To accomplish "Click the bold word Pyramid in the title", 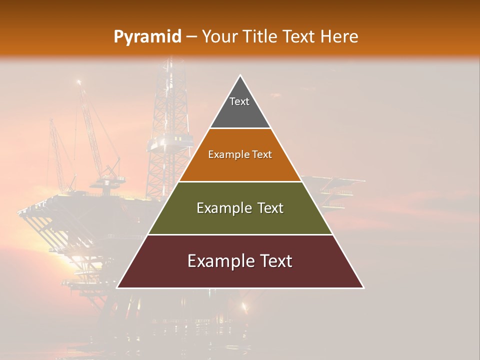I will (147, 37).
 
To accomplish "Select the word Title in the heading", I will (260, 37).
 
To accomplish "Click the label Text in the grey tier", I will (239, 101).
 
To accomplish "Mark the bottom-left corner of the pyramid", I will (117, 287).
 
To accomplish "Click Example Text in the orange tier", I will (240, 154).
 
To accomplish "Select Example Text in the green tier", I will (240, 208).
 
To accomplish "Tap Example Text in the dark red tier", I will (240, 261).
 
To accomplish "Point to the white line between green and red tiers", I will (240, 234).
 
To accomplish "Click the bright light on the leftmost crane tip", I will (78, 81).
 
